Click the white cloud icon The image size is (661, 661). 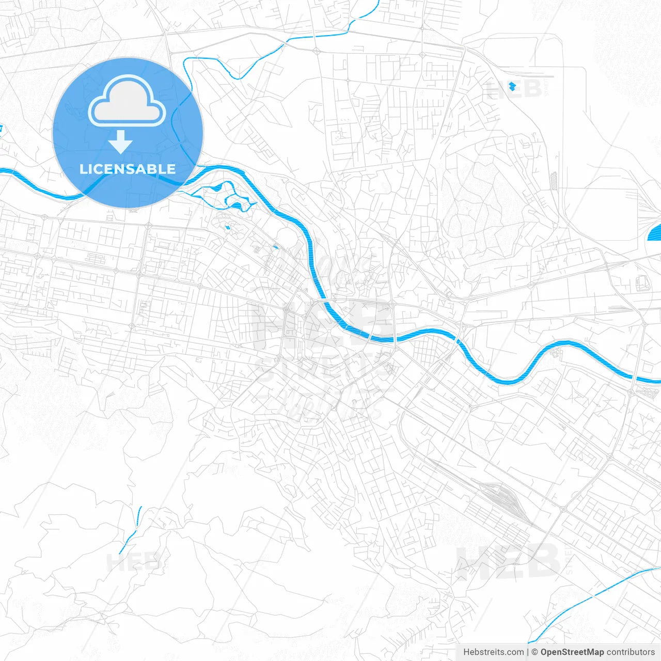[x=127, y=101]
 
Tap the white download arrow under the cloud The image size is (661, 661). [x=120, y=142]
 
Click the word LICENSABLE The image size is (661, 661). [x=127, y=169]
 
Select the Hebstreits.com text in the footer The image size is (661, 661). [x=493, y=652]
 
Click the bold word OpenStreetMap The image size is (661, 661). [x=572, y=652]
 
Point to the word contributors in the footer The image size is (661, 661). [x=631, y=652]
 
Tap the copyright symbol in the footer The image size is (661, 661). [x=535, y=652]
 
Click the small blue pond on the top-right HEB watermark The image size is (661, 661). [x=512, y=86]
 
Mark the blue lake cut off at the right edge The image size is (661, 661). [x=655, y=233]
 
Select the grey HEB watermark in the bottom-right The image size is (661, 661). [x=509, y=562]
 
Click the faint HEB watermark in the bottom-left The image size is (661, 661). [x=133, y=562]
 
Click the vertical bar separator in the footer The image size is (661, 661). [x=528, y=652]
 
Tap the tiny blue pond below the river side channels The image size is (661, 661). [x=227, y=227]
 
